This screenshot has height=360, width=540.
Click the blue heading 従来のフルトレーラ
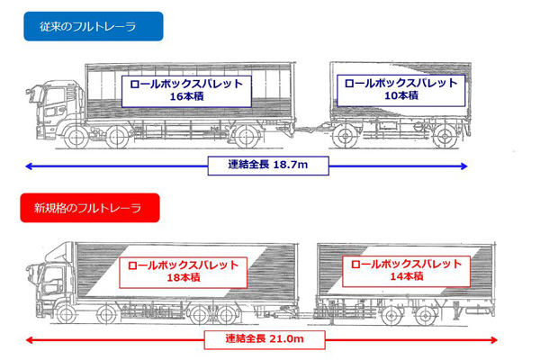[x=94, y=27]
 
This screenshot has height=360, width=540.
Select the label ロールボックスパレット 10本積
[x=400, y=88]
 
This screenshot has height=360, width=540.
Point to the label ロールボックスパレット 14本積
[x=405, y=272]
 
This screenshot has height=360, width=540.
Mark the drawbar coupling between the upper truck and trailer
[x=310, y=133]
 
